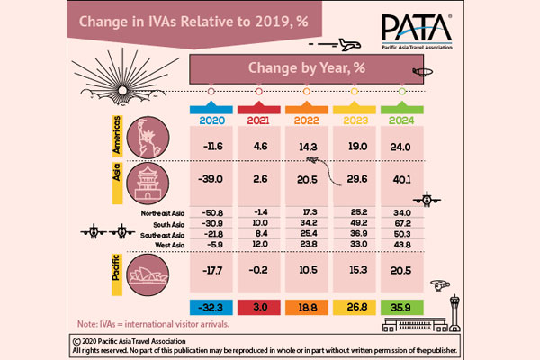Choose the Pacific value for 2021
(x=258, y=269)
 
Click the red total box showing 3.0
(x=258, y=305)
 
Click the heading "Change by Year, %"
(x=305, y=68)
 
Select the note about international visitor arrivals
(x=148, y=323)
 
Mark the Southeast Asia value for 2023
(x=353, y=233)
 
